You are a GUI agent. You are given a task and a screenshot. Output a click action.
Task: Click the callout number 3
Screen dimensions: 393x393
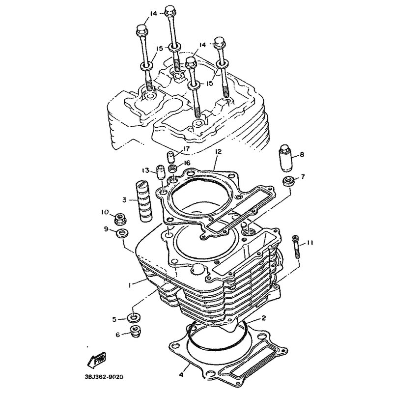click(x=124, y=200)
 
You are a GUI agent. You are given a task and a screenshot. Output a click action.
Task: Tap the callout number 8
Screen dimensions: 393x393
click(x=302, y=154)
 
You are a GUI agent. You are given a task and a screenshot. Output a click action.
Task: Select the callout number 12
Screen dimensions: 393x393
click(x=218, y=152)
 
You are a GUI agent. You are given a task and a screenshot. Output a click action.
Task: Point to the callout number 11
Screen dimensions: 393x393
click(x=310, y=243)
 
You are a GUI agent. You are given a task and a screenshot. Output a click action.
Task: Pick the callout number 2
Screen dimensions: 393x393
click(x=263, y=318)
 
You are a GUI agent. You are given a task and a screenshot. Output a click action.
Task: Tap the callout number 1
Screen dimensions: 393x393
click(x=130, y=285)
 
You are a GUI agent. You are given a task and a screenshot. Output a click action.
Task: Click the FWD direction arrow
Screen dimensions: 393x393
click(x=96, y=360)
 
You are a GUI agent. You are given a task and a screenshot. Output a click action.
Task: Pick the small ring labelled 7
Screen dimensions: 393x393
click(x=288, y=181)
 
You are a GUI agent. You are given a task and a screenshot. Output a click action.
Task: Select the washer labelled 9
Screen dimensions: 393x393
click(x=122, y=234)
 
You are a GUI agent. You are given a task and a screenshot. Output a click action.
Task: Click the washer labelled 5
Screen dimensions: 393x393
click(x=133, y=318)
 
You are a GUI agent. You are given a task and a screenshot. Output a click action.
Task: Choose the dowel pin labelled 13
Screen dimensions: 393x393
click(x=160, y=172)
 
